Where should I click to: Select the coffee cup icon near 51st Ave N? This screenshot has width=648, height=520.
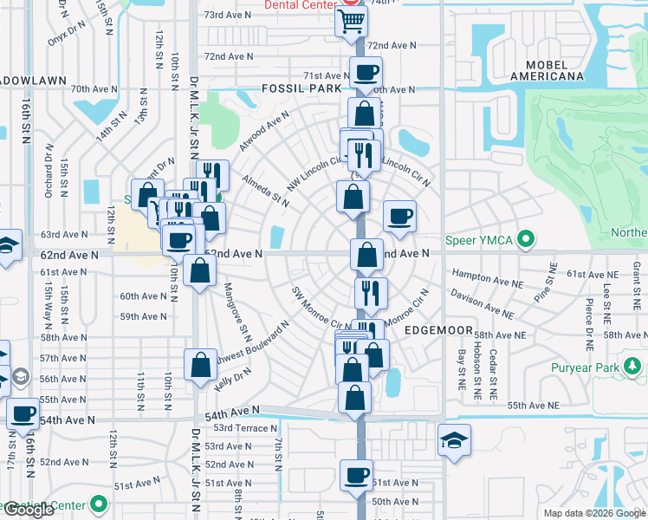356,475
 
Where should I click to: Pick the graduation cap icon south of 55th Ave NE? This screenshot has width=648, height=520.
454,440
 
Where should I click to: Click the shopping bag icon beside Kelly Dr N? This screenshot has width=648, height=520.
201,364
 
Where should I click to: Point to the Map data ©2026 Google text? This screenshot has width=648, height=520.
595,513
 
